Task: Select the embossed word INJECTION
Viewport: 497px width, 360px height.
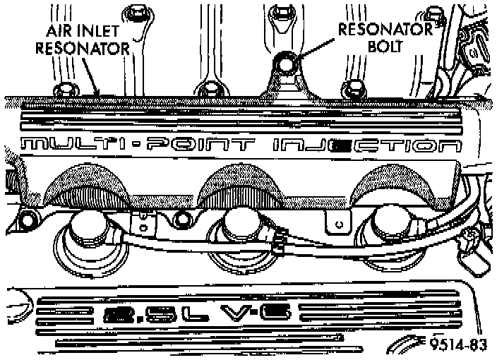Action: [367, 147]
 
